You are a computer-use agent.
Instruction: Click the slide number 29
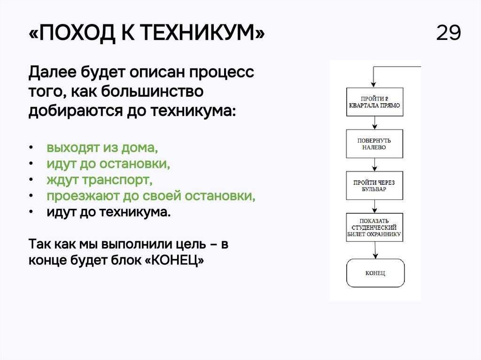pos(449,33)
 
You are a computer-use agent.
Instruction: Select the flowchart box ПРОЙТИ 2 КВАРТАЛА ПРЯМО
pos(374,102)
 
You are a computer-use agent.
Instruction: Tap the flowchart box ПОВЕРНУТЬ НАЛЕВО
pos(374,144)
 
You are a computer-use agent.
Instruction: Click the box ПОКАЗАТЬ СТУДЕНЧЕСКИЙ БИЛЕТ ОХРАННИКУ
pos(374,227)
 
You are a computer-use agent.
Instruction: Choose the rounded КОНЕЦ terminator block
pos(375,273)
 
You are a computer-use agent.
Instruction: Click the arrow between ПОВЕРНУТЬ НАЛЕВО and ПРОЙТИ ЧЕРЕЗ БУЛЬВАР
pos(374,165)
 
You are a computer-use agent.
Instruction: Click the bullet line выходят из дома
pos(102,148)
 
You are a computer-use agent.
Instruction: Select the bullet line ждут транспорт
pos(100,180)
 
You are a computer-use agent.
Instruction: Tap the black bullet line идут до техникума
pos(108,212)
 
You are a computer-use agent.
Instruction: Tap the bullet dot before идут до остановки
pos(31,164)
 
